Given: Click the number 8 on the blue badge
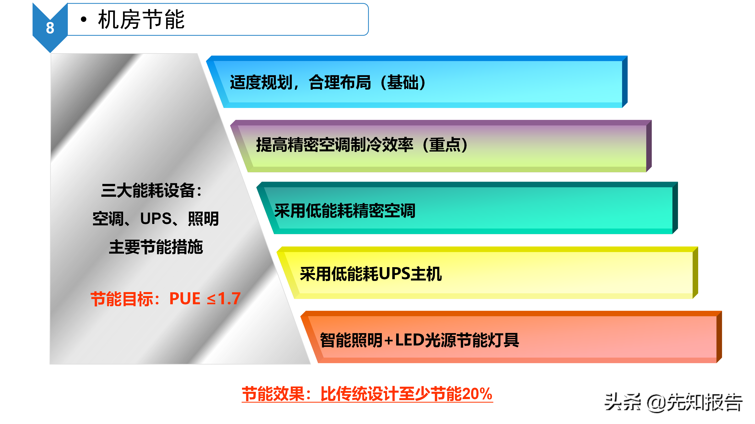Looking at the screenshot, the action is coord(50,28).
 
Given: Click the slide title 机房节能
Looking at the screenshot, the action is coord(141,20).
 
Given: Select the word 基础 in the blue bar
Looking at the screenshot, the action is coord(403,82).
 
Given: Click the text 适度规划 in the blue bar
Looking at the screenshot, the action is coord(261,82).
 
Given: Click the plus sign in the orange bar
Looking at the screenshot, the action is coord(389,341).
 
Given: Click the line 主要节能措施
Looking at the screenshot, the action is coord(156,247).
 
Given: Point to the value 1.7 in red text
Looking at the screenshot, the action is coord(229,299).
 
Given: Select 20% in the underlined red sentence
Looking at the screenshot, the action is coord(477,394).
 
